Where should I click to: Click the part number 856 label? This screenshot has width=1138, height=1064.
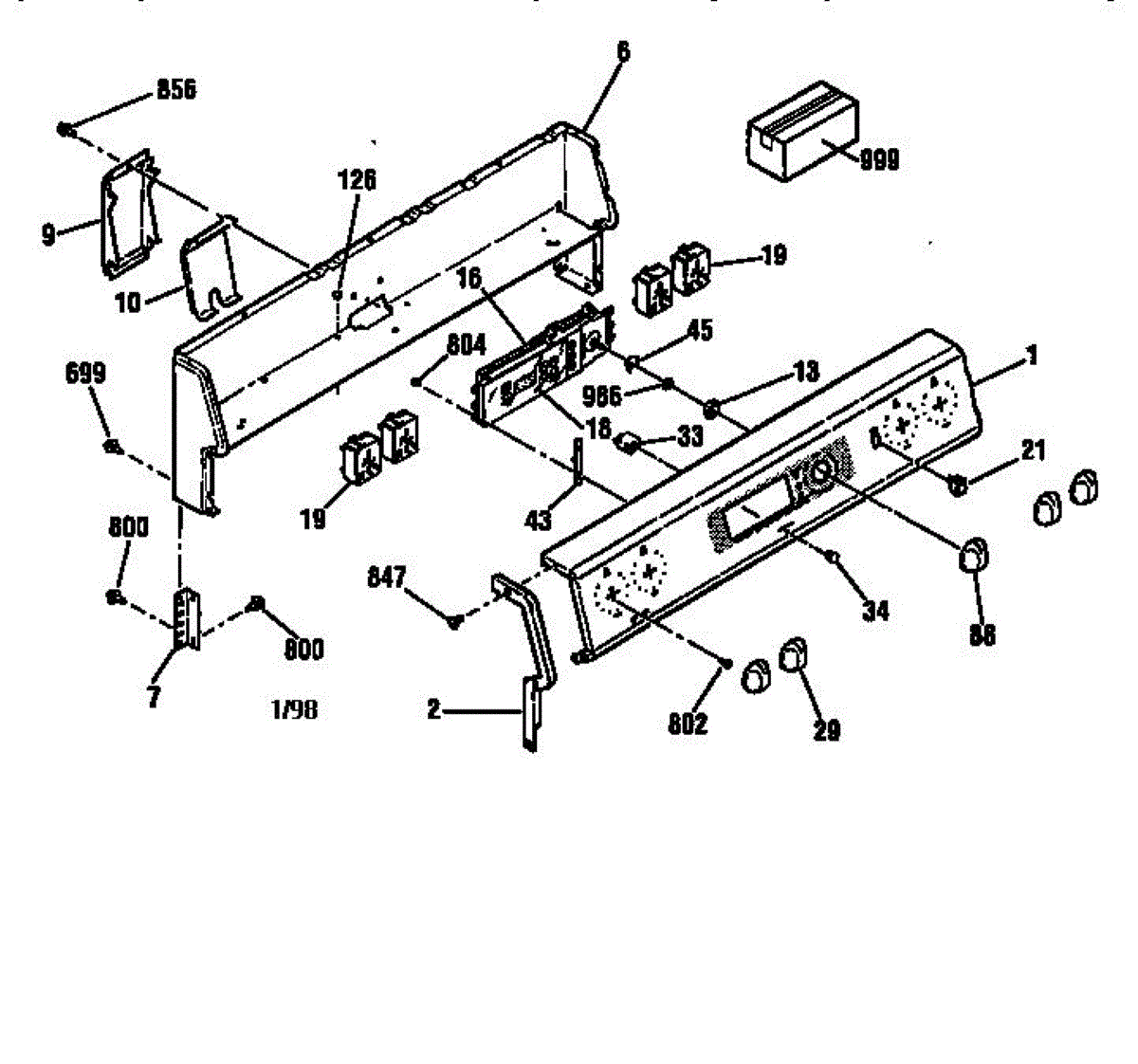(x=175, y=90)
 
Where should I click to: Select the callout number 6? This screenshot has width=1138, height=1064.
(x=622, y=51)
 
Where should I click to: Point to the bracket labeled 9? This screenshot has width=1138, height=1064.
(x=128, y=213)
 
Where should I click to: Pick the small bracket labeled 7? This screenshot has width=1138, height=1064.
(x=188, y=618)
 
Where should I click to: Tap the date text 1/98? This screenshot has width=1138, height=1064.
(x=294, y=709)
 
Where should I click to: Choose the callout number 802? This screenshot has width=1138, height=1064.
(x=688, y=724)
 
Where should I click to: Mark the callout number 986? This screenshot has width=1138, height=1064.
(x=601, y=393)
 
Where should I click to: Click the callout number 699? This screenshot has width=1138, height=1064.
(x=85, y=374)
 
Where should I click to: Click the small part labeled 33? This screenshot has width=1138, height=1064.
(x=627, y=441)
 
